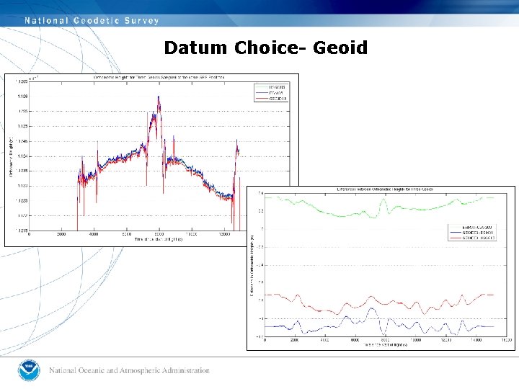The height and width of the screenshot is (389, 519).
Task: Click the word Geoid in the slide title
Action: click(x=340, y=48)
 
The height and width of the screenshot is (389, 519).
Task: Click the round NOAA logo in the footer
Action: click(x=30, y=371)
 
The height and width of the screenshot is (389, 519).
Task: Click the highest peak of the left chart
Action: click(x=159, y=97)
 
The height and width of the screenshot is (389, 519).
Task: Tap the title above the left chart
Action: click(x=159, y=76)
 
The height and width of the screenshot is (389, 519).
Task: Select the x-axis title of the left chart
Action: click(x=159, y=240)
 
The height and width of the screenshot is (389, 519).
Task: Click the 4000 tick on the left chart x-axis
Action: click(x=94, y=234)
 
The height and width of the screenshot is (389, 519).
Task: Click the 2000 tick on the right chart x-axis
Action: click(x=294, y=339)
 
